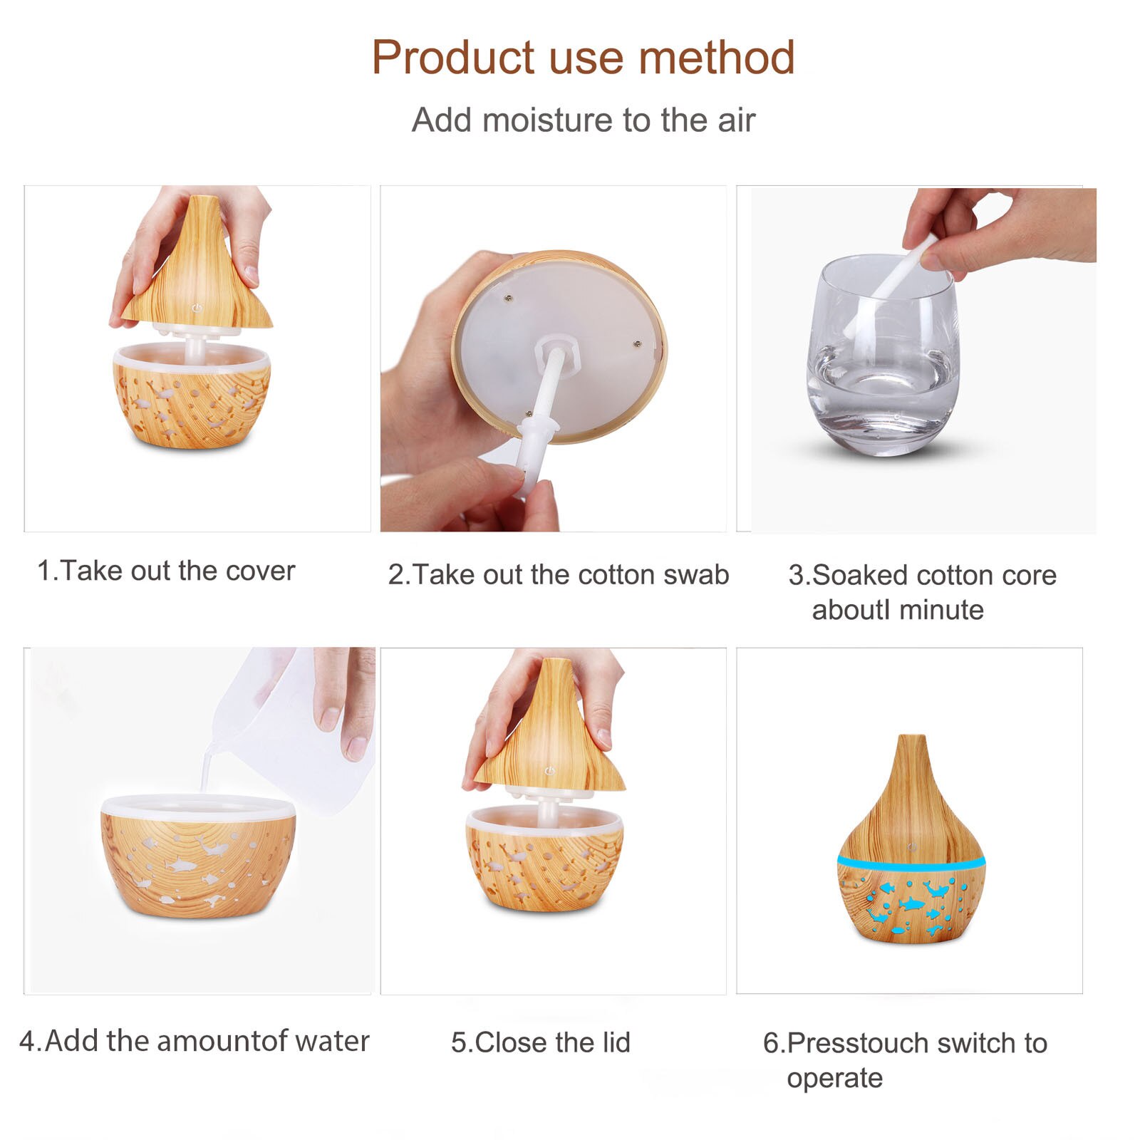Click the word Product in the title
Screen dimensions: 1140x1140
(453, 57)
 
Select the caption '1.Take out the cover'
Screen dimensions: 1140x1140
(166, 571)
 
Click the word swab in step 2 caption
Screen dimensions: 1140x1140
(696, 574)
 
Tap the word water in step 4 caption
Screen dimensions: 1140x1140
(332, 1041)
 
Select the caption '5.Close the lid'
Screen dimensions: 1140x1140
(541, 1042)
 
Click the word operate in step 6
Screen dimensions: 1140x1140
(834, 1079)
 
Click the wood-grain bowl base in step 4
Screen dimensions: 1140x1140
(197, 859)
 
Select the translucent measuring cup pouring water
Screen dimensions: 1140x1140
(299, 720)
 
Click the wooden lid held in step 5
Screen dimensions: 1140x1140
(549, 727)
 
